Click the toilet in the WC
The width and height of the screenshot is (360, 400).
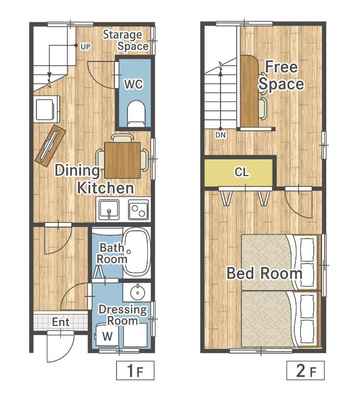click(136, 114)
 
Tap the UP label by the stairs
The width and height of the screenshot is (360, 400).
click(85, 47)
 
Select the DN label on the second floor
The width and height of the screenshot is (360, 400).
click(221, 135)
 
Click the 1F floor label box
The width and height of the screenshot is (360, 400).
click(135, 370)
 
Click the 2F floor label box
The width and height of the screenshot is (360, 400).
click(305, 370)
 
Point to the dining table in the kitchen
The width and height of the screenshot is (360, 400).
click(122, 160)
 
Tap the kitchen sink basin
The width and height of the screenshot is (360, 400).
click(109, 210)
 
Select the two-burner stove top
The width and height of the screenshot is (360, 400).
click(138, 210)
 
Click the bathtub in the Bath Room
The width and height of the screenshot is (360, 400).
click(136, 252)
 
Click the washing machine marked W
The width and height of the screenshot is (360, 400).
click(107, 335)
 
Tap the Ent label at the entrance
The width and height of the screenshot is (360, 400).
click(61, 322)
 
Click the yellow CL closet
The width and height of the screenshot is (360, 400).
click(239, 173)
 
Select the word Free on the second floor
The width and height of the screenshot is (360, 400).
click(281, 67)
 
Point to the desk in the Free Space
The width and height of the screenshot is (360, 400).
click(249, 91)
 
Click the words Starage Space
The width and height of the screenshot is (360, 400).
click(125, 41)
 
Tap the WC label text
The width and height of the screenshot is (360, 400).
click(134, 84)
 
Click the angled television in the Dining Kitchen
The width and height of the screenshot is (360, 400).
click(50, 146)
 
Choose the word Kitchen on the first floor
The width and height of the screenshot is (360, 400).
click(105, 188)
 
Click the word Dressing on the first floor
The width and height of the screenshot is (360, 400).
click(123, 309)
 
